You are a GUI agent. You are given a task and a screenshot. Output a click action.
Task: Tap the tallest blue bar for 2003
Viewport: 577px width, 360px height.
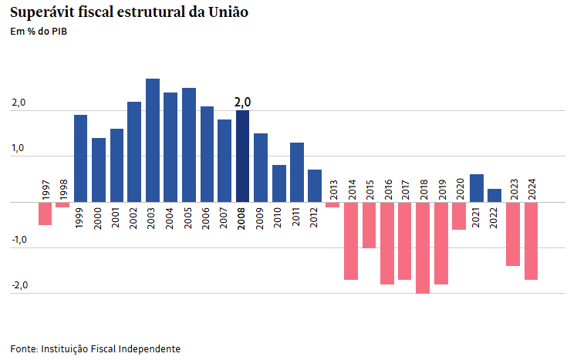click(153, 140)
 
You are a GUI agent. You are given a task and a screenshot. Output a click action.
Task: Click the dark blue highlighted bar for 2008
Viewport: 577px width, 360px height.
click(242, 156)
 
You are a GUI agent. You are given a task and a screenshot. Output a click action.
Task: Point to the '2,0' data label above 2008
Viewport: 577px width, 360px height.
click(242, 102)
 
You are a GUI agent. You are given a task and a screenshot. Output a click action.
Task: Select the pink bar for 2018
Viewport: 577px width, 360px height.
click(423, 247)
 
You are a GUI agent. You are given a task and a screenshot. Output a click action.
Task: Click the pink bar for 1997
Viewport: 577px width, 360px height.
click(45, 214)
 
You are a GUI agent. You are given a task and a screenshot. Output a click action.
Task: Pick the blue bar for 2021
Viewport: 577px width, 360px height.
click(477, 188)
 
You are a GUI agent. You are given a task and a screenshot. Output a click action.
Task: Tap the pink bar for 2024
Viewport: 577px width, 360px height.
click(531, 241)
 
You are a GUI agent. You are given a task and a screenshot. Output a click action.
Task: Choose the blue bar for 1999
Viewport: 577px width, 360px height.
click(80, 158)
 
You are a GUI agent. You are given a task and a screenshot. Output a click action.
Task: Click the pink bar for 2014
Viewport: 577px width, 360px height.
click(351, 241)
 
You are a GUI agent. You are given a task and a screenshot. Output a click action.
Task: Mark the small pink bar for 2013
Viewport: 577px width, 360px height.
click(332, 204)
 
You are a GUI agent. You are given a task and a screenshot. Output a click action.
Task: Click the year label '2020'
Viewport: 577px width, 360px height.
click(459, 190)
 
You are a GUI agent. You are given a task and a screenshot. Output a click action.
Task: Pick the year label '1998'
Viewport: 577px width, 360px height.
click(63, 190)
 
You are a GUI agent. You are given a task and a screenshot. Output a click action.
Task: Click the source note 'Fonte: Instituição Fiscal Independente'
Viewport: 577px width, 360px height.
click(95, 348)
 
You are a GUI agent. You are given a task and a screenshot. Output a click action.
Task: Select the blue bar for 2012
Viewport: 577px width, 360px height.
click(315, 186)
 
